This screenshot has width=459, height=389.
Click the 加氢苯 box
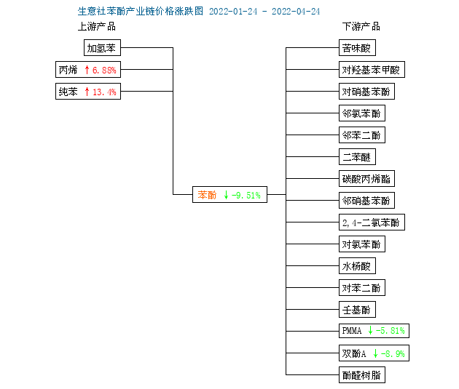coord(102,47)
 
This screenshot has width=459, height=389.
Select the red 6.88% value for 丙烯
coord(104,70)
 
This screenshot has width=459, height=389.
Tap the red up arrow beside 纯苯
coord(87,92)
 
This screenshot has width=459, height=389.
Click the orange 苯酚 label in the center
coord(207,195)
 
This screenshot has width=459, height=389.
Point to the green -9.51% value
coord(246,195)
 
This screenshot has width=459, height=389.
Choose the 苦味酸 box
coord(357,47)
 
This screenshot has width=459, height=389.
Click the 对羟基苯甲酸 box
coord(372,70)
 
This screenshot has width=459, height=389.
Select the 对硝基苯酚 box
coord(366,92)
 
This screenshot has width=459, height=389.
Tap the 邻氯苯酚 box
coord(362,113)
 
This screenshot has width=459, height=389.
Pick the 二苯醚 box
coord(357,157)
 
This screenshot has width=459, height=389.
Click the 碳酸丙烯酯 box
coord(366,178)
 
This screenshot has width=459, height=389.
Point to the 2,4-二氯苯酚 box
coord(372,222)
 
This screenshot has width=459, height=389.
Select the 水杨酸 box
coord(357,266)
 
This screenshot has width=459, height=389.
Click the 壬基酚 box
coord(357,310)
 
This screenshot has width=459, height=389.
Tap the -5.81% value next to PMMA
coord(391,331)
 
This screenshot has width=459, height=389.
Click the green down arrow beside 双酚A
coord(375,353)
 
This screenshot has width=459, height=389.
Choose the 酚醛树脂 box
coord(362,375)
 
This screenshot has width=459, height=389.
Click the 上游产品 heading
coord(97,27)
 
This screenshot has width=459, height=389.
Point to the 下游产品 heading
coord(361,27)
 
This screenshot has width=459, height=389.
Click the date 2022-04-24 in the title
coord(296,12)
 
